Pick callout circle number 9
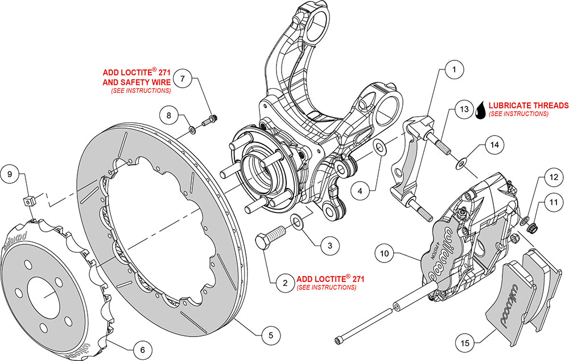pyautogui.click(x=10, y=173)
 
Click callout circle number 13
pyautogui.click(x=464, y=108)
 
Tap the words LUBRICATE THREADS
pyautogui.click(x=529, y=106)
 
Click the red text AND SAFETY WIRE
pyautogui.click(x=137, y=81)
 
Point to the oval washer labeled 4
pyautogui.click(x=379, y=148)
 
